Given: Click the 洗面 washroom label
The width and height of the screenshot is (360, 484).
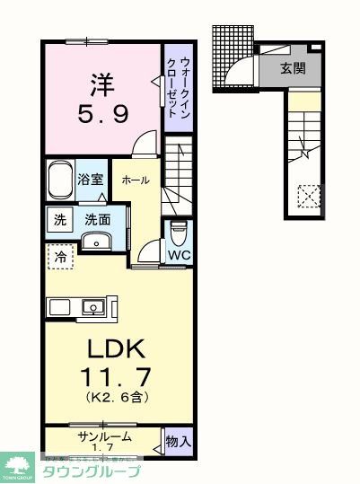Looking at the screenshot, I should pyautogui.click(x=98, y=218).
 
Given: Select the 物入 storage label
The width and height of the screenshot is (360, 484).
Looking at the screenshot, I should pyautogui.click(x=179, y=441).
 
